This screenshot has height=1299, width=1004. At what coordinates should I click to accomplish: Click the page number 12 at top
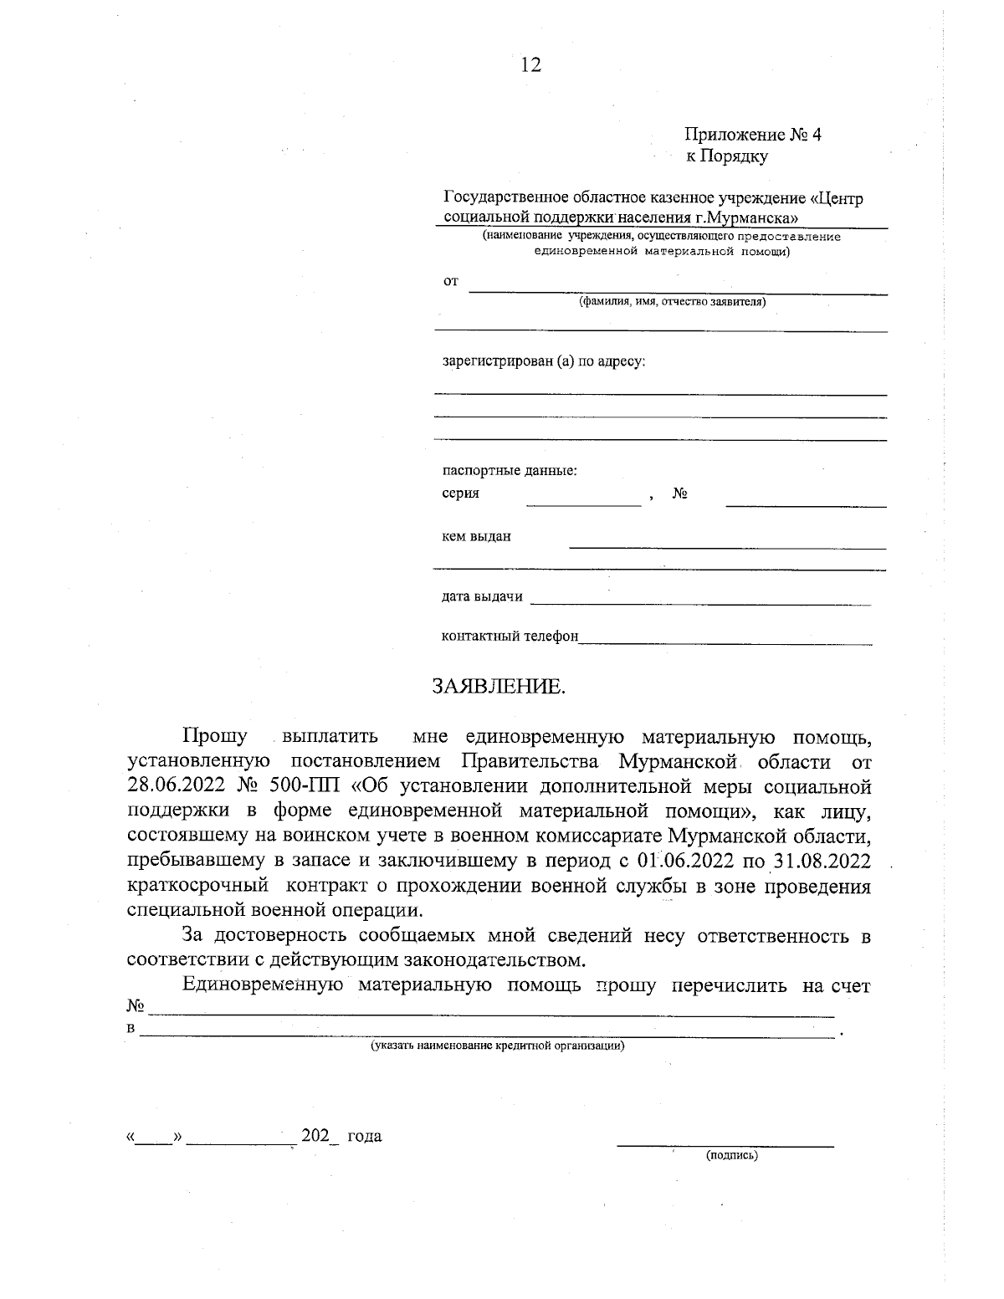click(x=530, y=65)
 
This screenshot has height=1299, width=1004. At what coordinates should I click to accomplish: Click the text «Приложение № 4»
click(x=753, y=135)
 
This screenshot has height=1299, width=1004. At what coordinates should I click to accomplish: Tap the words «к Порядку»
click(x=726, y=156)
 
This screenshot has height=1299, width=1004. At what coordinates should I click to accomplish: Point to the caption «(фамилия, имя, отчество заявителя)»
click(x=673, y=302)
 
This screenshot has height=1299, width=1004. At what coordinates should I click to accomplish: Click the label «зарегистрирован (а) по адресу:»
click(x=544, y=362)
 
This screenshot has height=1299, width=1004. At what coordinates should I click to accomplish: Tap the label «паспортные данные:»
click(x=509, y=471)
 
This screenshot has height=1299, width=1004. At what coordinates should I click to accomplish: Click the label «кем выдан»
click(x=476, y=536)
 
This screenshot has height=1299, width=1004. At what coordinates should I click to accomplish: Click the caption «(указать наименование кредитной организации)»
click(x=498, y=1046)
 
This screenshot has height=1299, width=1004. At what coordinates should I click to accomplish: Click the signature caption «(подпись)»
click(x=732, y=1155)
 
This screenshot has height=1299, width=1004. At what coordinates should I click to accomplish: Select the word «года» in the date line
click(x=364, y=1136)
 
